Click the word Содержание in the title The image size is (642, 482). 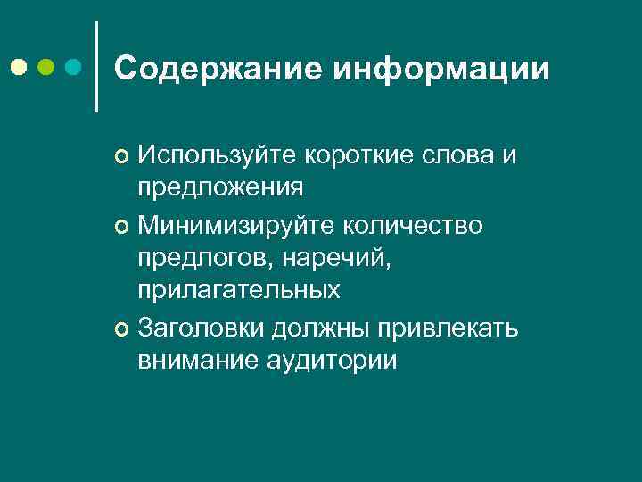point(219,69)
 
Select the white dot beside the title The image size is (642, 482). point(19,67)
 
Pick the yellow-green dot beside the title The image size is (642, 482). point(45,67)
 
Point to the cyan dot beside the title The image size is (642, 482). point(73,67)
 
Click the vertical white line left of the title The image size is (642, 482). point(95,67)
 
